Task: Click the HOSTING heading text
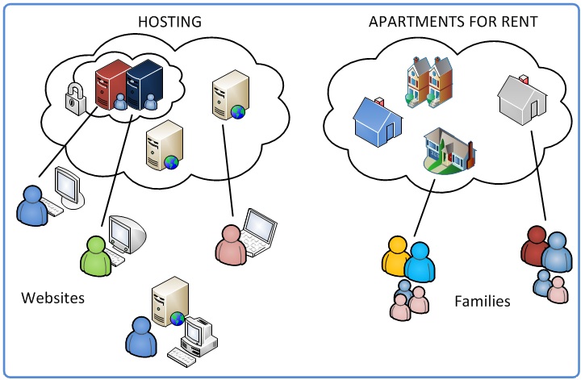[x=169, y=22]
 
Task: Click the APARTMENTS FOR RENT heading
[x=453, y=22]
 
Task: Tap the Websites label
[x=53, y=299]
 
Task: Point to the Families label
[x=483, y=302]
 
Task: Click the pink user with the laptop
[x=231, y=242]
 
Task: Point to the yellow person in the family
[x=397, y=257]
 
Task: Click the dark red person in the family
[x=534, y=246]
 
